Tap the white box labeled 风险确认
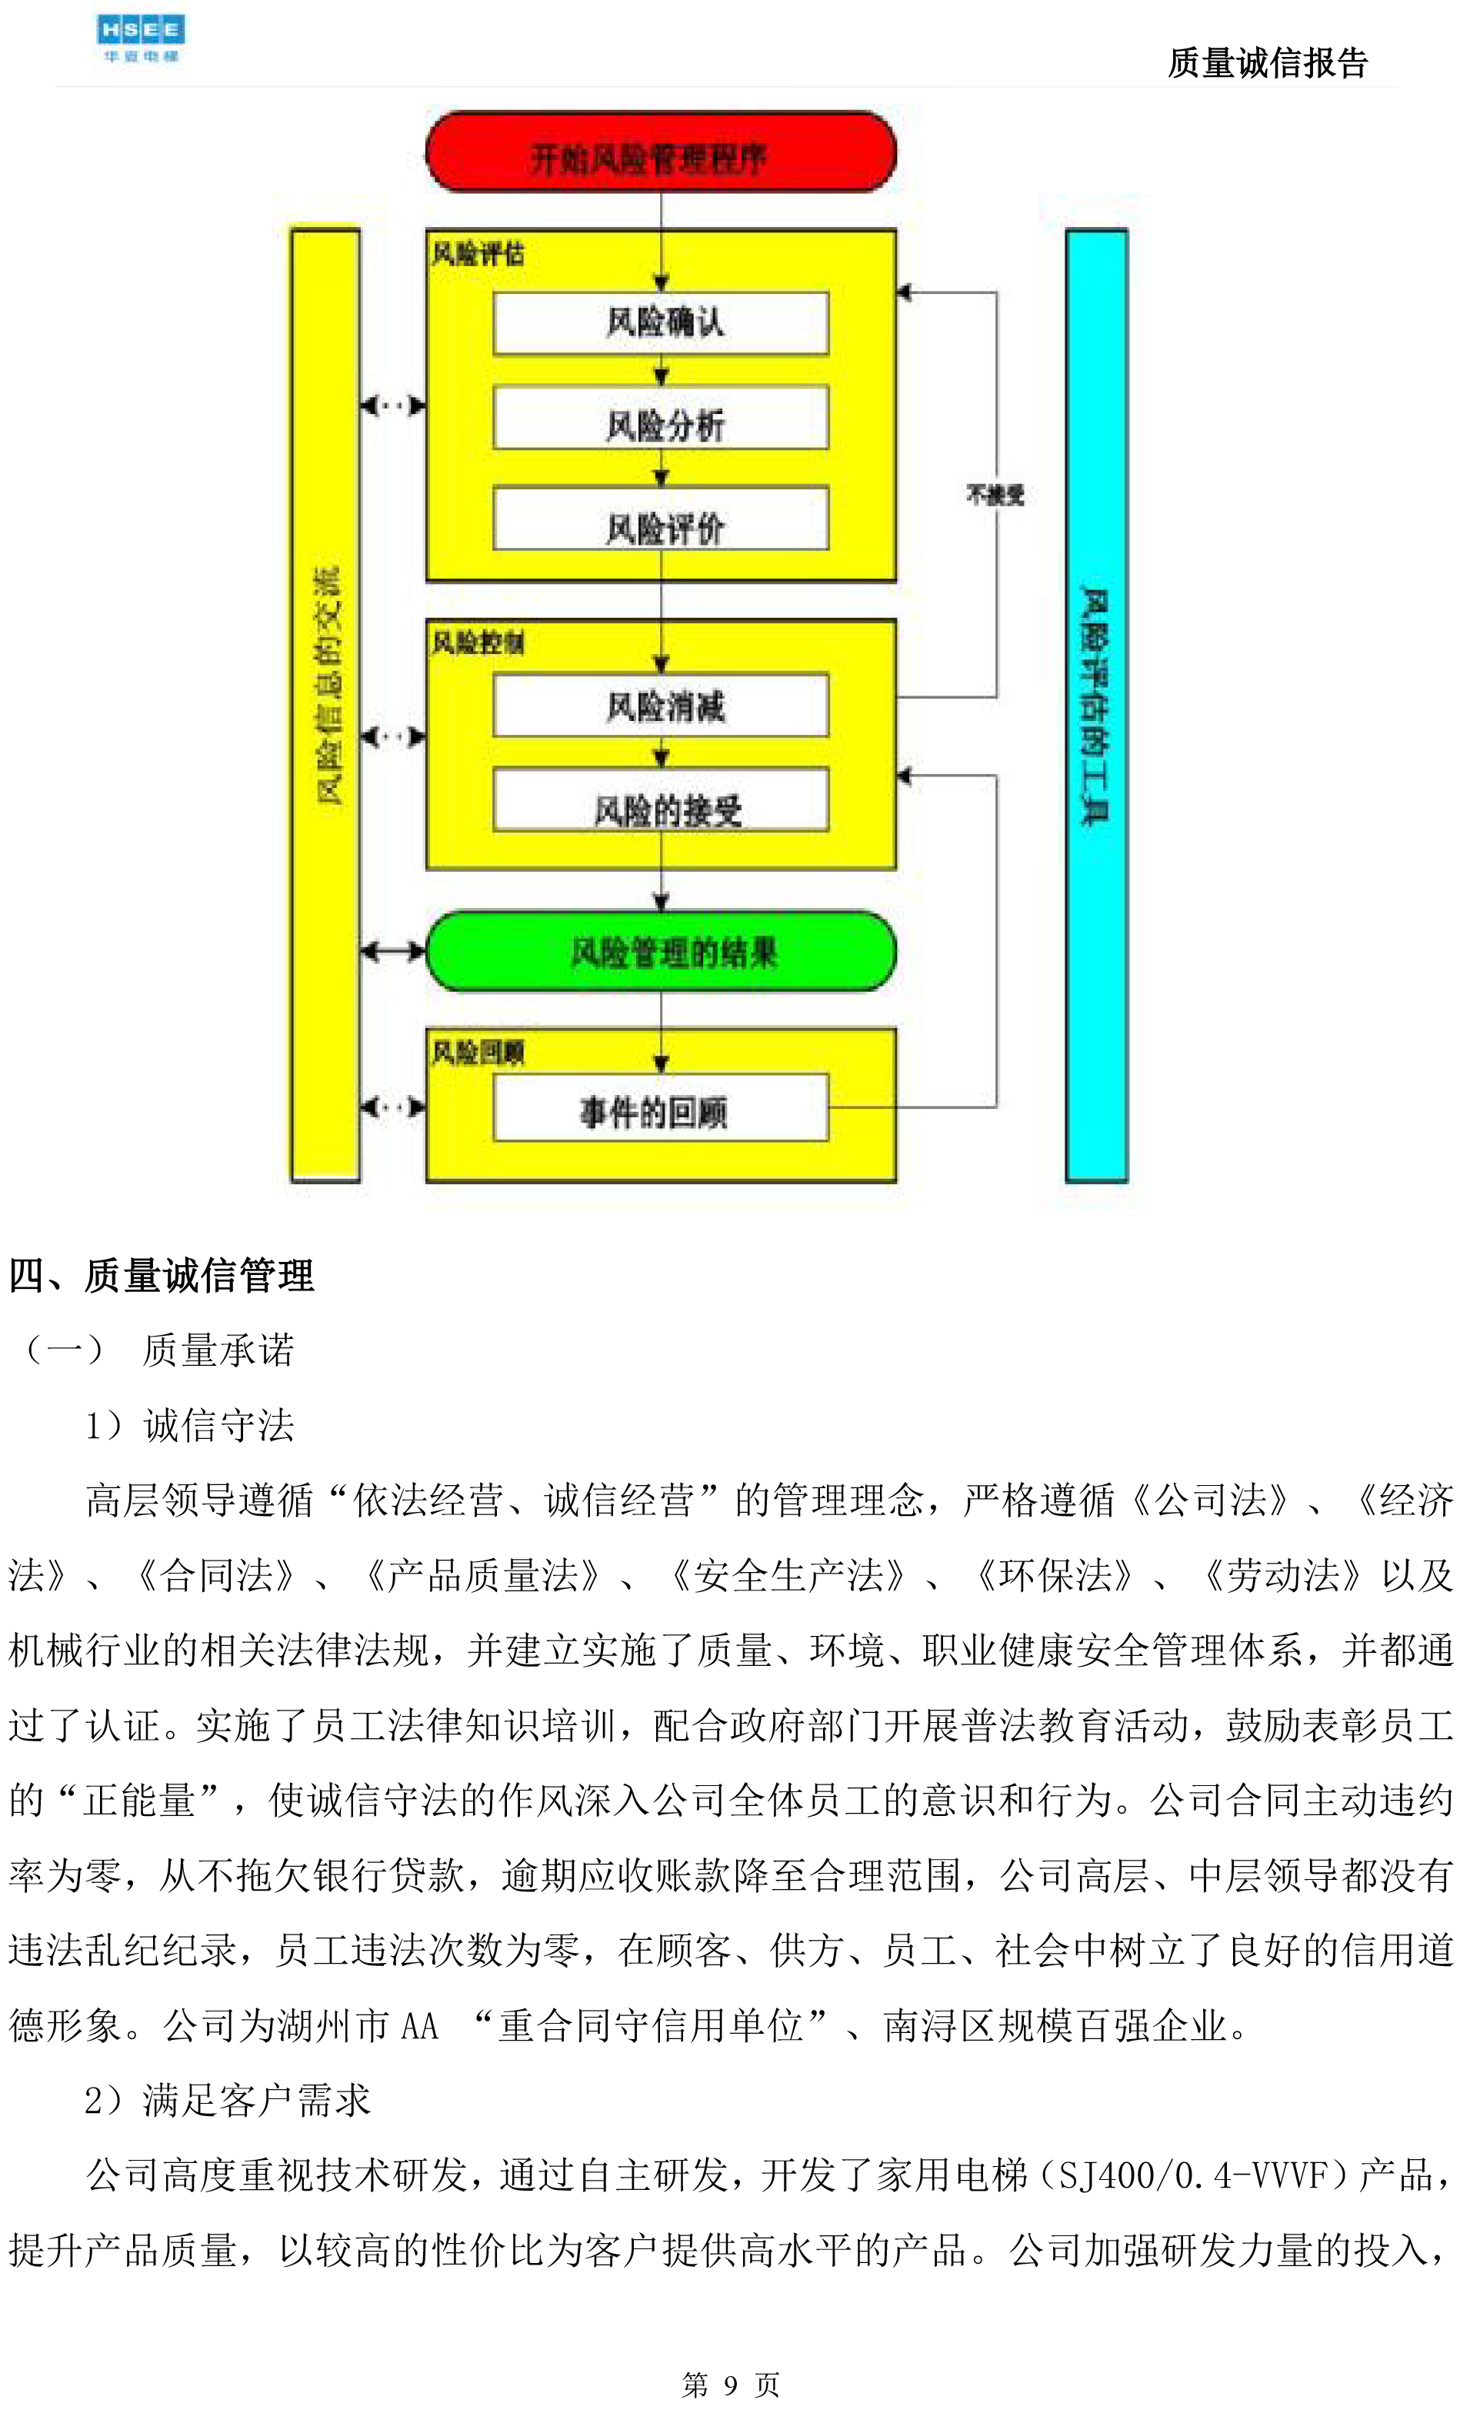pos(661,322)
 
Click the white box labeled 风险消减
pos(661,705)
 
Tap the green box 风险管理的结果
pos(661,952)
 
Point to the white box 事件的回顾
pos(661,1108)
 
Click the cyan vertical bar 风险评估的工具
pos(1095,705)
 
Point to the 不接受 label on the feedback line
pos(995,494)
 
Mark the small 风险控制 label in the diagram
pos(478,643)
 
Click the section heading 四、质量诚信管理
pos(162,1276)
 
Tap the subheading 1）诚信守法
pos(190,1425)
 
